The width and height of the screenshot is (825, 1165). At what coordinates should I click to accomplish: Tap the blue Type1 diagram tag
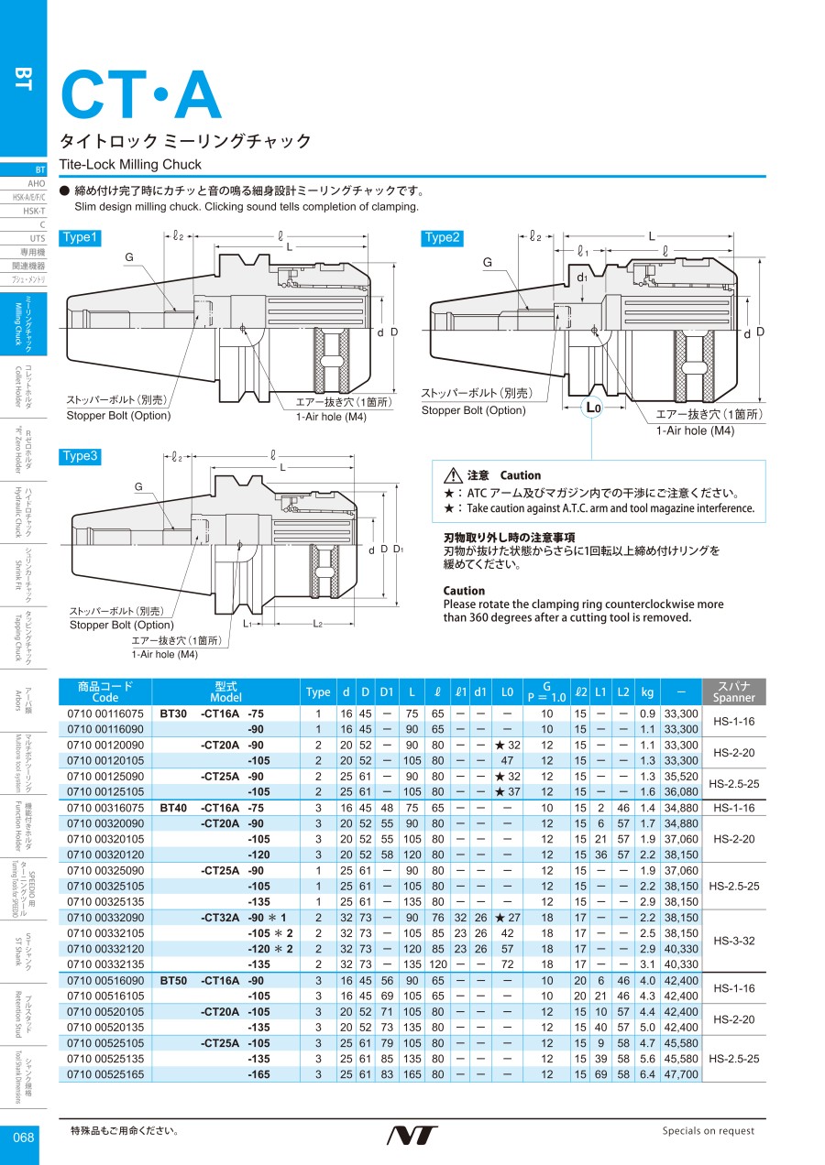pos(80,237)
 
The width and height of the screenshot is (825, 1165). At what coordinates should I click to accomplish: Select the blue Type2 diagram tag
pos(441,237)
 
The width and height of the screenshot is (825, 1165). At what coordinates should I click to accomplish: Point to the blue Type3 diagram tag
pos(80,456)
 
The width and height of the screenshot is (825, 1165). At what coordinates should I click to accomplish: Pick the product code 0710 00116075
pos(105,713)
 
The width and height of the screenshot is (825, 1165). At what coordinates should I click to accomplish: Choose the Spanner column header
pos(733,691)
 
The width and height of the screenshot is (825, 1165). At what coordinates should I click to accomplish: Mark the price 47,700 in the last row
pos(681,1074)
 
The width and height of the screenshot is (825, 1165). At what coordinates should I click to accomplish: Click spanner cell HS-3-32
pos(733,941)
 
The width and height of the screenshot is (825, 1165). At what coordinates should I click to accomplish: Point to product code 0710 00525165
pos(105,1074)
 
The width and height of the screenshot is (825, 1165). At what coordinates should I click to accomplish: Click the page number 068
pos(23,1138)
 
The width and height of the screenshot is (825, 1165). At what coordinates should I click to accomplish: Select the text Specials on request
pos(709,1131)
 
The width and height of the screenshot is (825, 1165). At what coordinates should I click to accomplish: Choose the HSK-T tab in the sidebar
pos(34,211)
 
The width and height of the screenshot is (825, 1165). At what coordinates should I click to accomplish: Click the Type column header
pos(318,691)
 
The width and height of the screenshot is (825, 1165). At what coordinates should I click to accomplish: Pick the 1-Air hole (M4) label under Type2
pos(695,430)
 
